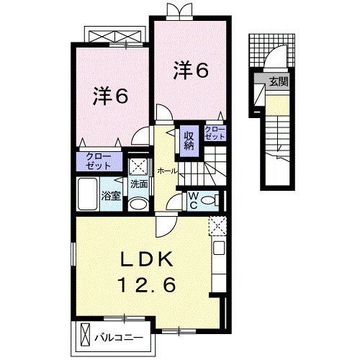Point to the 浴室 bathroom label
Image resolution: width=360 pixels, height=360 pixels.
coord(110,196)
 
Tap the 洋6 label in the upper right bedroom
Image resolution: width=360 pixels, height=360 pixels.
coord(190,71)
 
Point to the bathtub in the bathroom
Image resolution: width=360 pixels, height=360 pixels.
coord(88,194)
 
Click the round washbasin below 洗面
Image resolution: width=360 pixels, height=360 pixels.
coord(139,203)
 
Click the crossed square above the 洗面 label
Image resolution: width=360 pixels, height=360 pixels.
coord(138,165)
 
